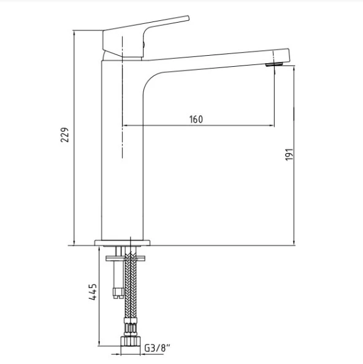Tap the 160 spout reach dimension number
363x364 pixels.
point(196,119)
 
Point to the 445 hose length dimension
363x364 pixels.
point(91,294)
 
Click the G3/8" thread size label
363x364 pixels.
point(157,348)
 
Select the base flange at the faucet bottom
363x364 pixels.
point(122,241)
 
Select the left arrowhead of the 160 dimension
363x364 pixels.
point(128,126)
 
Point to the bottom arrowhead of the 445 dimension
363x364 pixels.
point(99,344)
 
